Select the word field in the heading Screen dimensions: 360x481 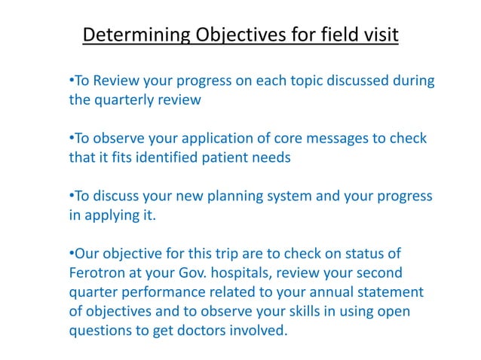(332, 35)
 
